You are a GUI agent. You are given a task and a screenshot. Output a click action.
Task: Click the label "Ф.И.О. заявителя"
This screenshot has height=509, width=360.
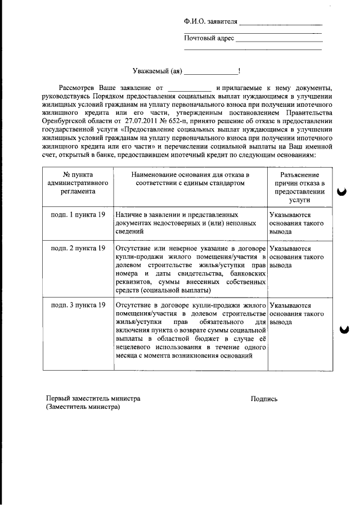pyautogui.click(x=210, y=22)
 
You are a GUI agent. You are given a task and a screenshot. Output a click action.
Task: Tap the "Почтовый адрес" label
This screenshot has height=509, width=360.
pyautogui.click(x=209, y=39)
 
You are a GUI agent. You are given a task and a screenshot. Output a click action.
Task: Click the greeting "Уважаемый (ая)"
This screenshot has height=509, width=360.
pyautogui.click(x=157, y=71)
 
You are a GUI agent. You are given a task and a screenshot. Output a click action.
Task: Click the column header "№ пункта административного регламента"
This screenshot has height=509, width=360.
pyautogui.click(x=78, y=183)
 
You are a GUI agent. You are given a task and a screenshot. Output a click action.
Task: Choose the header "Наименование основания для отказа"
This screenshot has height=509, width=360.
pyautogui.click(x=191, y=179)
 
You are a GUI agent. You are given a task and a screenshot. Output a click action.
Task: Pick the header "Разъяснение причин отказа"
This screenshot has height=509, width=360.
pyautogui.click(x=299, y=187)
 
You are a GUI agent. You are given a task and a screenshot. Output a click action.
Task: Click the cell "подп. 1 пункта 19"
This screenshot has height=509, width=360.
pyautogui.click(x=78, y=215)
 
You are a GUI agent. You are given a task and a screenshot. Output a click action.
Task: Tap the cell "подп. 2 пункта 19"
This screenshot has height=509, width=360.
pyautogui.click(x=78, y=248)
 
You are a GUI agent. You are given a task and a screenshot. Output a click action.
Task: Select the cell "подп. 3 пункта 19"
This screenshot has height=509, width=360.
pyautogui.click(x=78, y=305)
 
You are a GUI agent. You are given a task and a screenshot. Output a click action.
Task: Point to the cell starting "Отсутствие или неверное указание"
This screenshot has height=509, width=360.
pyautogui.click(x=190, y=269)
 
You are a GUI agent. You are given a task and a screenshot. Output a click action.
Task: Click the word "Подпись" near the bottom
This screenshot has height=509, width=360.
pyautogui.click(x=264, y=399)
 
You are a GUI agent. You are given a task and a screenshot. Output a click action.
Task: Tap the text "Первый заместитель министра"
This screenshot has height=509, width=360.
pyautogui.click(x=93, y=399)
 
